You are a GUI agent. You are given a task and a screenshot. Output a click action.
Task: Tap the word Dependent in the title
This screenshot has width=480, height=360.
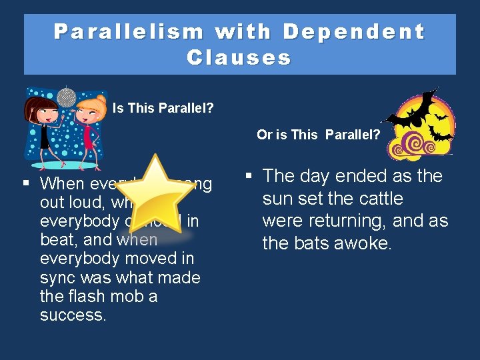point(353,32)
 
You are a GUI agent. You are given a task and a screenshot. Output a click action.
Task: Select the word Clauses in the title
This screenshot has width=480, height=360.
point(239,58)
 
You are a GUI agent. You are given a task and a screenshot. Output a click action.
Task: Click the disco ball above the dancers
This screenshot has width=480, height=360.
point(67,97)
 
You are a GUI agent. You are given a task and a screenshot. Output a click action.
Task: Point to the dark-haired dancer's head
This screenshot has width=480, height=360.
point(41,107)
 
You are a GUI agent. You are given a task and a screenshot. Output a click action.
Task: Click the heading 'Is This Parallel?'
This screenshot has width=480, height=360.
point(163,108)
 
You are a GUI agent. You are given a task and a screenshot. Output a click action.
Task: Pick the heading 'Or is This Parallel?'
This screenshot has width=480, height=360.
point(319,135)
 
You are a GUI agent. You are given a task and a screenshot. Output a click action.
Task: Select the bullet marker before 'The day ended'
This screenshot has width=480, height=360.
point(248,176)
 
